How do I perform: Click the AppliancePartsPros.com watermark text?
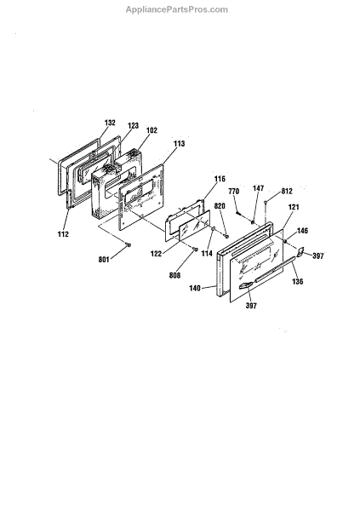pyautogui.click(x=176, y=9)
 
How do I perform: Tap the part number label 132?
pyautogui.click(x=110, y=123)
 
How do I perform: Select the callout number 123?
pyautogui.click(x=133, y=125)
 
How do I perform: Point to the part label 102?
pyautogui.click(x=151, y=130)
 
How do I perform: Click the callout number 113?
pyautogui.click(x=179, y=143)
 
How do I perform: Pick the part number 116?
pyautogui.click(x=220, y=179)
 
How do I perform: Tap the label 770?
pyautogui.click(x=233, y=192)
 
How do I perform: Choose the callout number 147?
pyautogui.click(x=258, y=188)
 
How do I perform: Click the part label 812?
pyautogui.click(x=287, y=192)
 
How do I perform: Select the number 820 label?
pyautogui.click(x=220, y=206)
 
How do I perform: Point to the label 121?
pyautogui.click(x=294, y=207)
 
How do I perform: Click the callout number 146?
pyautogui.click(x=302, y=231)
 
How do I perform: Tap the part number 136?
pyautogui.click(x=298, y=281)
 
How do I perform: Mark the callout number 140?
pyautogui.click(x=195, y=288)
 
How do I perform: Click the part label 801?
pyautogui.click(x=104, y=260)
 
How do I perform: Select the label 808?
pyautogui.click(x=174, y=275)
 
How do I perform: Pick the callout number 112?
pyautogui.click(x=63, y=234)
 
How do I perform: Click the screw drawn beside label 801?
pyautogui.click(x=128, y=244)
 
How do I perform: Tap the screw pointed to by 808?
pyautogui.click(x=195, y=250)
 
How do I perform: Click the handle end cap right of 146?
pyautogui.click(x=300, y=251)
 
